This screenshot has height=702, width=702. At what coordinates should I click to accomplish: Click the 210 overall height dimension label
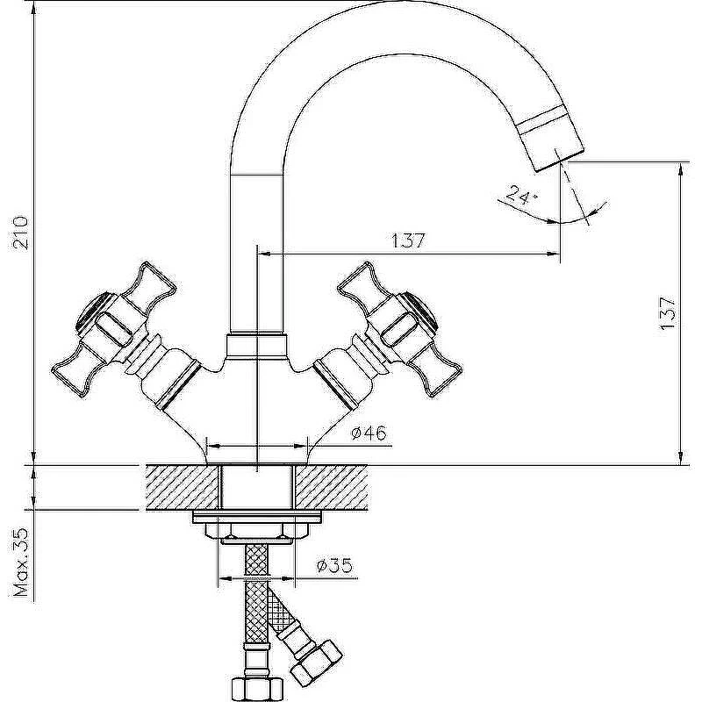[20, 233]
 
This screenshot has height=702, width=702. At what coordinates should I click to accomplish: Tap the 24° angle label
[521, 196]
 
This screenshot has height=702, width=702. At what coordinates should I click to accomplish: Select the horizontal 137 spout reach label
[408, 240]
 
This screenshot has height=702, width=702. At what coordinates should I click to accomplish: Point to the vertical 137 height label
[667, 313]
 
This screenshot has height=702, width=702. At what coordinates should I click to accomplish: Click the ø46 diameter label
[369, 433]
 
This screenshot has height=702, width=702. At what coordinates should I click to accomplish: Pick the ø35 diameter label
[334, 565]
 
